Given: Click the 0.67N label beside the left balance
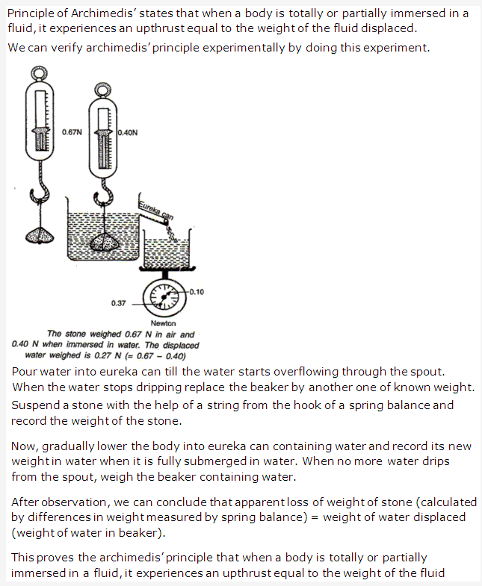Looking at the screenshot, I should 72,131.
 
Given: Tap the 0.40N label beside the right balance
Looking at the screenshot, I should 128,132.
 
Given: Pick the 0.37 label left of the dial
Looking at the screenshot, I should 118,304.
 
